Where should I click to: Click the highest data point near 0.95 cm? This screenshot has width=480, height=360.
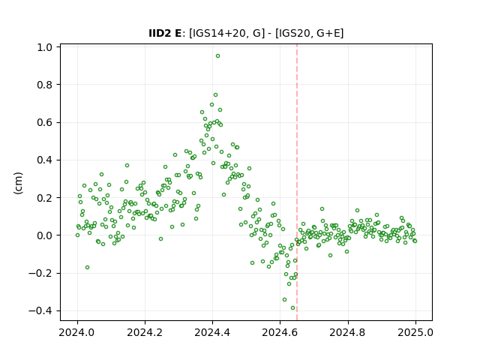(217, 56)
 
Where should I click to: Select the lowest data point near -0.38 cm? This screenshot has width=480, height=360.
(292, 308)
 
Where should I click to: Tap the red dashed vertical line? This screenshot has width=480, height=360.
(297, 182)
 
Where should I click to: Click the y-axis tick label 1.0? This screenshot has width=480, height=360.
(44, 47)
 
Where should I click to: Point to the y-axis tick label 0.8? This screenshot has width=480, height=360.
(44, 85)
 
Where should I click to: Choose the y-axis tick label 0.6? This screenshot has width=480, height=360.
(44, 122)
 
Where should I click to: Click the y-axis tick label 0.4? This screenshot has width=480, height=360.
(44, 160)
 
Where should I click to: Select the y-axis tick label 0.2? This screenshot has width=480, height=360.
(44, 198)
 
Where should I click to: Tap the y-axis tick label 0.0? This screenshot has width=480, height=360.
(44, 235)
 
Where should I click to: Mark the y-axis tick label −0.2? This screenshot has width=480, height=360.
(40, 273)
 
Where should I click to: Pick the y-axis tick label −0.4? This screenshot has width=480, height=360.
(40, 311)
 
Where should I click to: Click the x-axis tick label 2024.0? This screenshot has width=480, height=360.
(77, 332)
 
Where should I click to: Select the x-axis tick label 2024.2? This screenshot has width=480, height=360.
(145, 332)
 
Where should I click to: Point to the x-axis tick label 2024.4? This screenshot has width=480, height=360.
(212, 332)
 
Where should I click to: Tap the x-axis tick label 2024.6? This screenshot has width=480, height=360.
(280, 332)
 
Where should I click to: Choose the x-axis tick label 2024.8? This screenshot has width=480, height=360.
(348, 332)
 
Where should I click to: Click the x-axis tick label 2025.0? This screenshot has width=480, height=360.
(415, 332)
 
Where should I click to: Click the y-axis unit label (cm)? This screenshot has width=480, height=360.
(18, 183)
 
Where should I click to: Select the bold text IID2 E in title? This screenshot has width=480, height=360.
(165, 33)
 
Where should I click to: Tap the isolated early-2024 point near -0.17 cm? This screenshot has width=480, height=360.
(87, 268)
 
